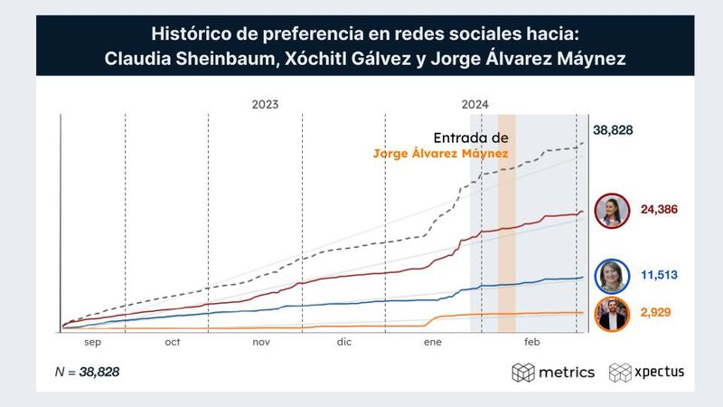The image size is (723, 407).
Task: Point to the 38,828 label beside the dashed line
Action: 613,129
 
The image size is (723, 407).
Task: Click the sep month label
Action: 92,342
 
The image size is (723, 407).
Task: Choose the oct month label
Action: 173,342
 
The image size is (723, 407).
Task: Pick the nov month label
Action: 261,342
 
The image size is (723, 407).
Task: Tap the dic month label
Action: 344,342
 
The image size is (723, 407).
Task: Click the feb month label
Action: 531,342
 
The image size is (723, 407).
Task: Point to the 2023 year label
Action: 265,105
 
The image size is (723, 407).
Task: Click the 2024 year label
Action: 475,105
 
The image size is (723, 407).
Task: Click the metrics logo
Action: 553,372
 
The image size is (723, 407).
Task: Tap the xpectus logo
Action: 646,372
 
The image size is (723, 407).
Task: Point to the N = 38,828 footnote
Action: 87,372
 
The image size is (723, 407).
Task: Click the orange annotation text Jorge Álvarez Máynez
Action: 440,154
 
